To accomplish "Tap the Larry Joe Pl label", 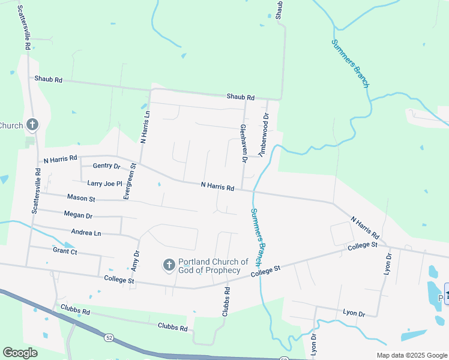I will pyautogui.click(x=104, y=184).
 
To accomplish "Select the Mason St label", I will pyautogui.click(x=81, y=197).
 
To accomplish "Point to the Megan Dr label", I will pyautogui.click(x=78, y=215).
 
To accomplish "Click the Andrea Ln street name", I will pyautogui.click(x=86, y=233).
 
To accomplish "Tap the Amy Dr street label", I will pyautogui.click(x=135, y=262).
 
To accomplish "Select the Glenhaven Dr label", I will pyautogui.click(x=244, y=143).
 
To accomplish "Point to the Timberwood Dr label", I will pyautogui.click(x=263, y=135).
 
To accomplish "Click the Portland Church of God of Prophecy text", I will pyautogui.click(x=214, y=266).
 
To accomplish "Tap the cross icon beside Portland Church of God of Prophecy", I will pyautogui.click(x=169, y=265).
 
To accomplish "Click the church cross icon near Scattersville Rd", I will pyautogui.click(x=32, y=125).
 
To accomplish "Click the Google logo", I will pyautogui.click(x=20, y=353).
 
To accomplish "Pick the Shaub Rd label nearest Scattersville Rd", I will pyautogui.click(x=48, y=79).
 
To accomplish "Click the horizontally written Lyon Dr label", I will pyautogui.click(x=354, y=314).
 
